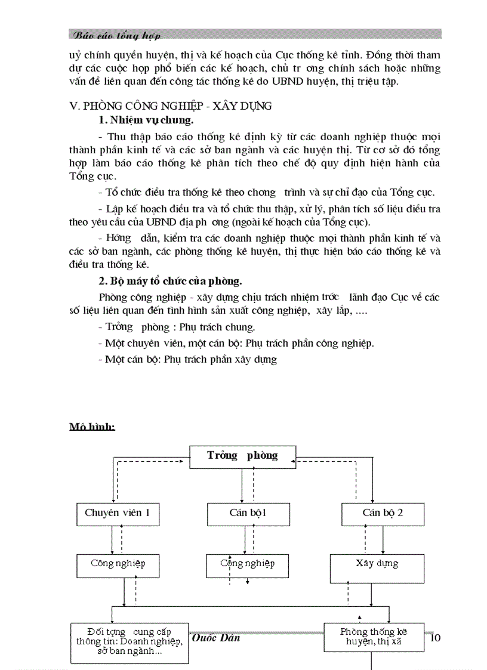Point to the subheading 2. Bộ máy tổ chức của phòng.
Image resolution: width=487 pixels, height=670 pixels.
coord(170,281)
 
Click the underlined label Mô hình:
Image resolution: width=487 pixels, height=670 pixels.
coord(92,427)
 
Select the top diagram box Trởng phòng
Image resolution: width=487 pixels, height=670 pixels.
coord(234,456)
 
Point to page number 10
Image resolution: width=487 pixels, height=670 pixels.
coord(435,638)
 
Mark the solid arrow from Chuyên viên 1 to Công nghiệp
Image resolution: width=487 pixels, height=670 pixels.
coord(112,539)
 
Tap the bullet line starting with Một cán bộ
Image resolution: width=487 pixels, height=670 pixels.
coord(187,359)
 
